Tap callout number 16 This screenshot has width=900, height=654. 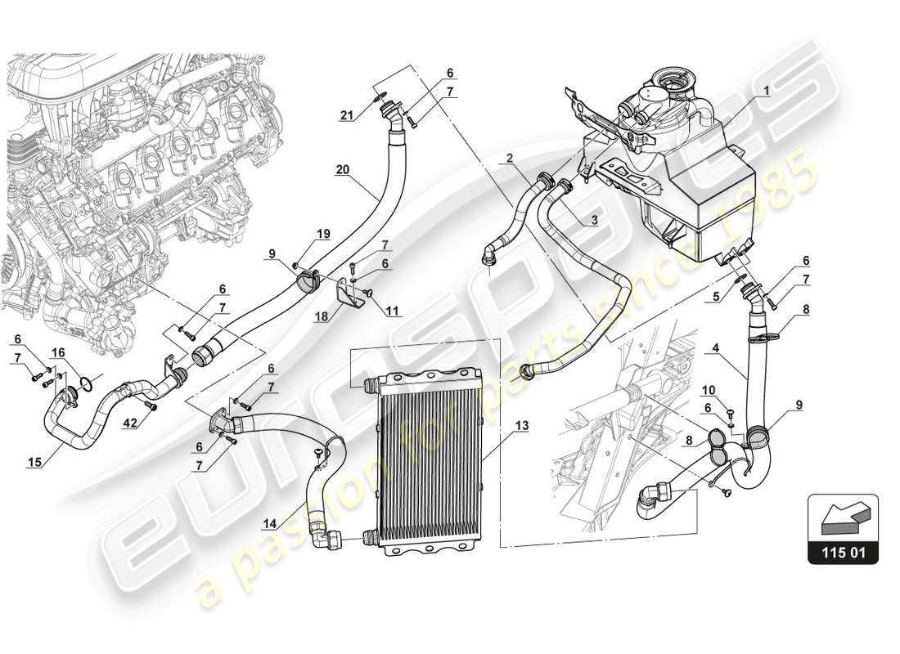pyautogui.click(x=58, y=352)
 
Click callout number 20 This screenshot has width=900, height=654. pyautogui.click(x=344, y=170)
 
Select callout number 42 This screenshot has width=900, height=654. pyautogui.click(x=130, y=423)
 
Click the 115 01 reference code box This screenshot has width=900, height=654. pyautogui.click(x=843, y=553)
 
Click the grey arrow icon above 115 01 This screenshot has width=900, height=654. pyautogui.click(x=843, y=517)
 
